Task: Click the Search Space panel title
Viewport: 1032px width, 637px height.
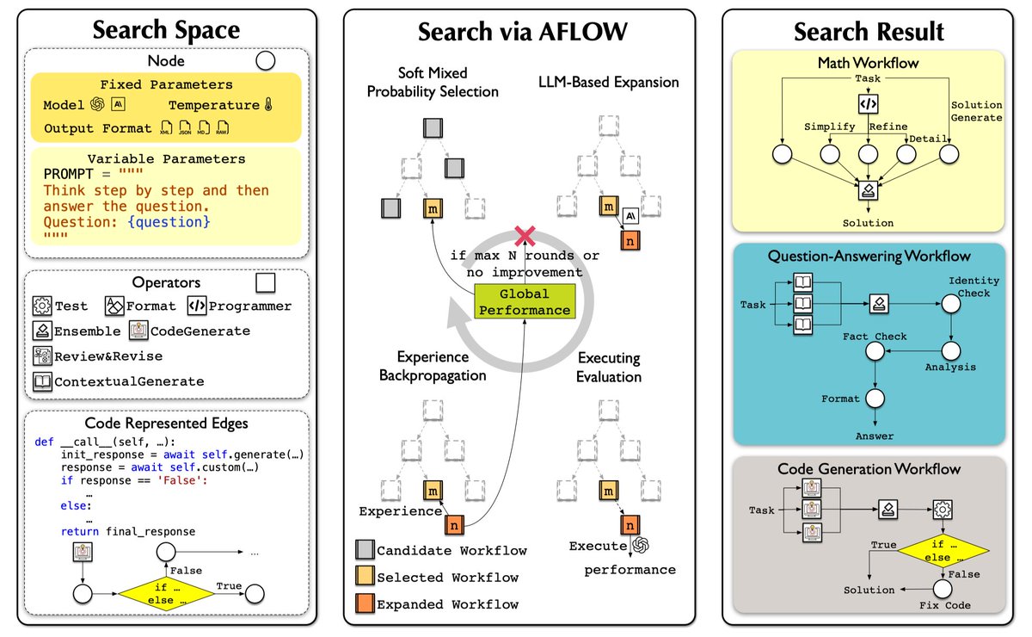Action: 166,30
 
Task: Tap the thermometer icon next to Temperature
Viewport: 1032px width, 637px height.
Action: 268,105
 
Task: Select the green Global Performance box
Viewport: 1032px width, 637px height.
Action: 525,301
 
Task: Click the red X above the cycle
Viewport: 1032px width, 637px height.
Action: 525,236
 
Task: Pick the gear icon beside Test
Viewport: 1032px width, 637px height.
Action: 42,306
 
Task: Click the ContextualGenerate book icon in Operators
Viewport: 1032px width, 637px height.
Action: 42,381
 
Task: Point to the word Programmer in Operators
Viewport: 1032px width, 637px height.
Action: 249,306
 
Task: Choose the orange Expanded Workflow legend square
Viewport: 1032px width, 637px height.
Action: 365,603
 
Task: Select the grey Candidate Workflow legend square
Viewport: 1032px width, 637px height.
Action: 365,549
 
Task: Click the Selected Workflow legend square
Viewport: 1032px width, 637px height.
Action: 365,576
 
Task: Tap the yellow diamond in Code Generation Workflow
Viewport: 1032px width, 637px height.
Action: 943,550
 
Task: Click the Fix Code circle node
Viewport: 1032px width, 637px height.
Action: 943,589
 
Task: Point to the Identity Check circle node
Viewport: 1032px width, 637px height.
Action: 951,304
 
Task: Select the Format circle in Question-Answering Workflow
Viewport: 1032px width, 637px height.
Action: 875,399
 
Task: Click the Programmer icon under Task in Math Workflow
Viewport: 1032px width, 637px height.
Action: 868,104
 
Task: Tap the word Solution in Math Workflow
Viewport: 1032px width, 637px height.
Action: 868,223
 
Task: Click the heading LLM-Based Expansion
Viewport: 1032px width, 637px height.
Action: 609,82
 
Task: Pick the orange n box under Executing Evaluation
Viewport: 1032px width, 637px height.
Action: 630,525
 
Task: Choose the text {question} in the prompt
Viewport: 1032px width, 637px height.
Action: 169,222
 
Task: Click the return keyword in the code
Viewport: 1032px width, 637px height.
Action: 80,531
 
